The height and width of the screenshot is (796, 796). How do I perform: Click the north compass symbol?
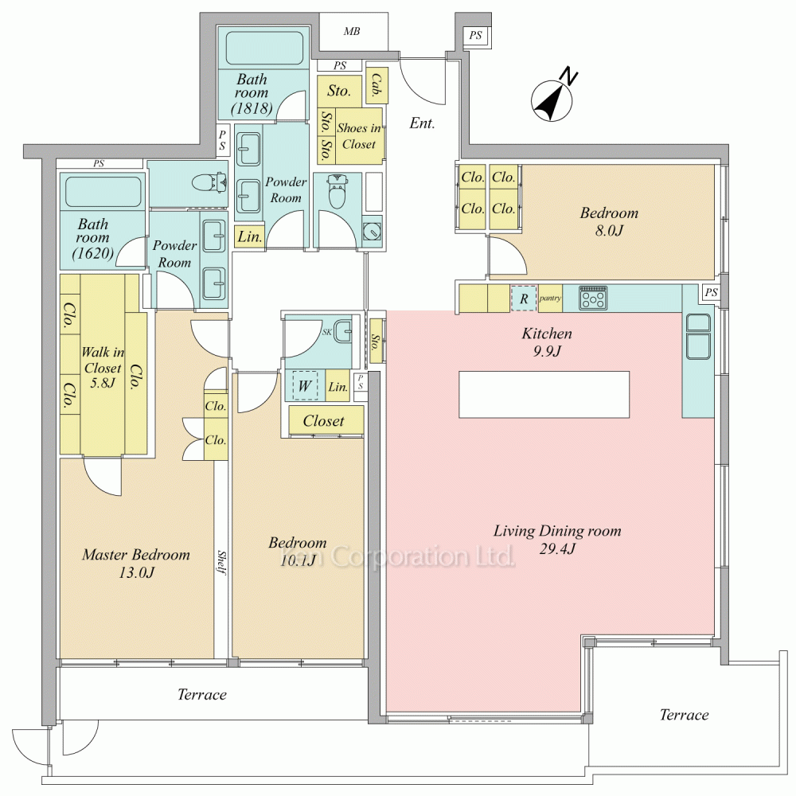[x=552, y=100]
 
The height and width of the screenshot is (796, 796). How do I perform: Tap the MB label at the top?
[x=351, y=32]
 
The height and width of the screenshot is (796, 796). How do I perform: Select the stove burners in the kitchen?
[x=593, y=298]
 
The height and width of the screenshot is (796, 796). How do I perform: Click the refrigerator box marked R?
[x=524, y=298]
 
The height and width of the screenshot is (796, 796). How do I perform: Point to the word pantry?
[x=550, y=298]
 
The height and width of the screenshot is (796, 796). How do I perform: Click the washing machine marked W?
[x=305, y=386]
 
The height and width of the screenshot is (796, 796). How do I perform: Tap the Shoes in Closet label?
[x=359, y=136]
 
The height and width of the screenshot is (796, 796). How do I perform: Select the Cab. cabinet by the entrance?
[x=377, y=85]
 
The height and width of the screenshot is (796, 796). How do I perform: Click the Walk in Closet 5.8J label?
[x=103, y=368]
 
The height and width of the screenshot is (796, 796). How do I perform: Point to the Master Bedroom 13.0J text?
[x=136, y=563]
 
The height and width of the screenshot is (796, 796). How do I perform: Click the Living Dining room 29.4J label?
[x=557, y=540]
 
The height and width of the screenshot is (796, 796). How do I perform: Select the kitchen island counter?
[x=544, y=395]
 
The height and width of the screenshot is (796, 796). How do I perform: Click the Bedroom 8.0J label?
[x=609, y=221]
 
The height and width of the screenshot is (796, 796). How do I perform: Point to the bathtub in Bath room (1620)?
[x=103, y=191]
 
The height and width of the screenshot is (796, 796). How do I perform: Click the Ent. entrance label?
[x=423, y=123]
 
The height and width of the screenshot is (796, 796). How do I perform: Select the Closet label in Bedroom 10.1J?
[x=323, y=421]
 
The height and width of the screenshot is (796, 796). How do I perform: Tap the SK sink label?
[x=327, y=333]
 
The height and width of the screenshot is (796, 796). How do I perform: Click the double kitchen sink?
[x=698, y=337]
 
